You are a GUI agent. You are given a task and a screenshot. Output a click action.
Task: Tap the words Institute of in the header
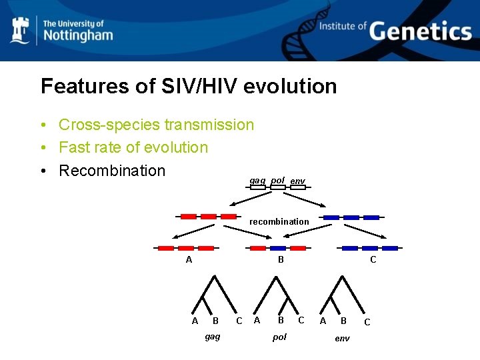(x=343, y=26)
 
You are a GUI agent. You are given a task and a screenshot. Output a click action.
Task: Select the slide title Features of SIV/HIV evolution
(x=189, y=86)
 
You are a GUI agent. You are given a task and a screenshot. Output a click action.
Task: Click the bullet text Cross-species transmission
(x=156, y=125)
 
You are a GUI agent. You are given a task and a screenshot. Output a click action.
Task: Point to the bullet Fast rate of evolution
(x=133, y=147)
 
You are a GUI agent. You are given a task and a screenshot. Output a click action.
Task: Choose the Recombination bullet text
(x=111, y=171)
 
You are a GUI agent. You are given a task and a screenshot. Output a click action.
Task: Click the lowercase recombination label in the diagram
(x=279, y=221)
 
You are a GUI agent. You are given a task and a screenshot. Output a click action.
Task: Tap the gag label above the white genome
(x=257, y=180)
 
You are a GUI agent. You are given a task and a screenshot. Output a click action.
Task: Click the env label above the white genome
(x=298, y=181)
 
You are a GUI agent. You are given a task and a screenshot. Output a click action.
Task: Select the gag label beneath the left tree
(x=213, y=337)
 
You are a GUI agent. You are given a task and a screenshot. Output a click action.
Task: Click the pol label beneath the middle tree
(x=280, y=337)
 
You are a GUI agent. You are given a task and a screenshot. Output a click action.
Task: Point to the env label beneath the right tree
(x=342, y=338)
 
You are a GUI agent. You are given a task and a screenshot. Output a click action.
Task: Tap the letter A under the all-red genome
(x=189, y=260)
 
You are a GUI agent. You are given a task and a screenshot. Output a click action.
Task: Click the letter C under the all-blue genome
(x=373, y=260)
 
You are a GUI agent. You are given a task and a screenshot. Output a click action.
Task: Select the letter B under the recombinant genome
(x=281, y=260)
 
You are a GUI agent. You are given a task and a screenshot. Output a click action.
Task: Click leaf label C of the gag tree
(x=239, y=321)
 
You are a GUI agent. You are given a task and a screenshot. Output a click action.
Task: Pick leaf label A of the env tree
(x=323, y=321)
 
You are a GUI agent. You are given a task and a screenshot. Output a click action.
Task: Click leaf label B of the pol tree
(x=281, y=321)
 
